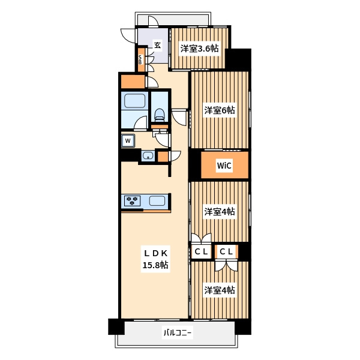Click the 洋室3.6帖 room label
point(199,49)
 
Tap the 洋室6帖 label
point(220,110)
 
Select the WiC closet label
point(224,166)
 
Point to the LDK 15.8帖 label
point(155,259)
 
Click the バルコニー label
point(177,332)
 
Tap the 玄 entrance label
point(157,45)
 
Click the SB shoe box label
point(140,59)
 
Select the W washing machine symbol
point(128,140)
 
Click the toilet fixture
point(159,114)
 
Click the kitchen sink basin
point(157,201)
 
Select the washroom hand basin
point(148,156)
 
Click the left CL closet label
point(201,251)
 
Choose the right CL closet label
point(226,251)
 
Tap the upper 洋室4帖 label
point(220,211)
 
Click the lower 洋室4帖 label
point(220,290)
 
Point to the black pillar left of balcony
point(116,326)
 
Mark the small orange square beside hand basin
point(163,157)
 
